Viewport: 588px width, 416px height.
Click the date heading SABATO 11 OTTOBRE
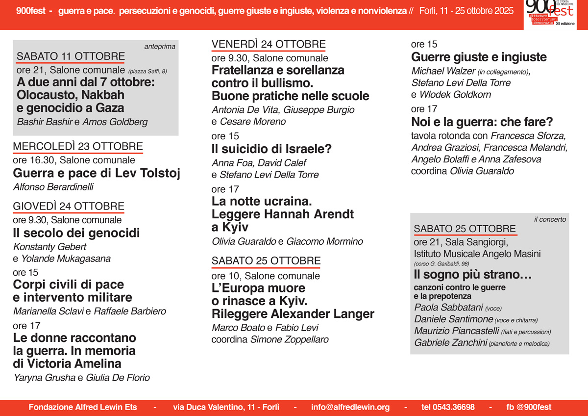[71, 56]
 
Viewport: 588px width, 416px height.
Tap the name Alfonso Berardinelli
[53, 186]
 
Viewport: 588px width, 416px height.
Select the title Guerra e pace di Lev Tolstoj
[97, 173]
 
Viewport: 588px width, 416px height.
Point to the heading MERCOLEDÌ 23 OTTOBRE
[78, 146]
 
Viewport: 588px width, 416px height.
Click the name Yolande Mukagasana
[66, 259]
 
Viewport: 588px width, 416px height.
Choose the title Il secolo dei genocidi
[76, 233]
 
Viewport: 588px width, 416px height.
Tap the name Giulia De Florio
[118, 377]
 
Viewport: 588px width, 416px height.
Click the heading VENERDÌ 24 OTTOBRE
[269, 45]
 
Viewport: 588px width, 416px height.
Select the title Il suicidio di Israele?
[271, 149]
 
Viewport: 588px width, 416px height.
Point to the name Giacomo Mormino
[324, 241]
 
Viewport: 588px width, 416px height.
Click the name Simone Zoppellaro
[289, 339]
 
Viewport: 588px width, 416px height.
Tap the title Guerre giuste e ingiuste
[479, 57]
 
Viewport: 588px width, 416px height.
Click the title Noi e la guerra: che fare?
[482, 122]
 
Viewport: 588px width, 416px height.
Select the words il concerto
[550, 219]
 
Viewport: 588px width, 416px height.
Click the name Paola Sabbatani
[448, 308]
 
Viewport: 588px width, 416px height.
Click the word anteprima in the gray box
[160, 47]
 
